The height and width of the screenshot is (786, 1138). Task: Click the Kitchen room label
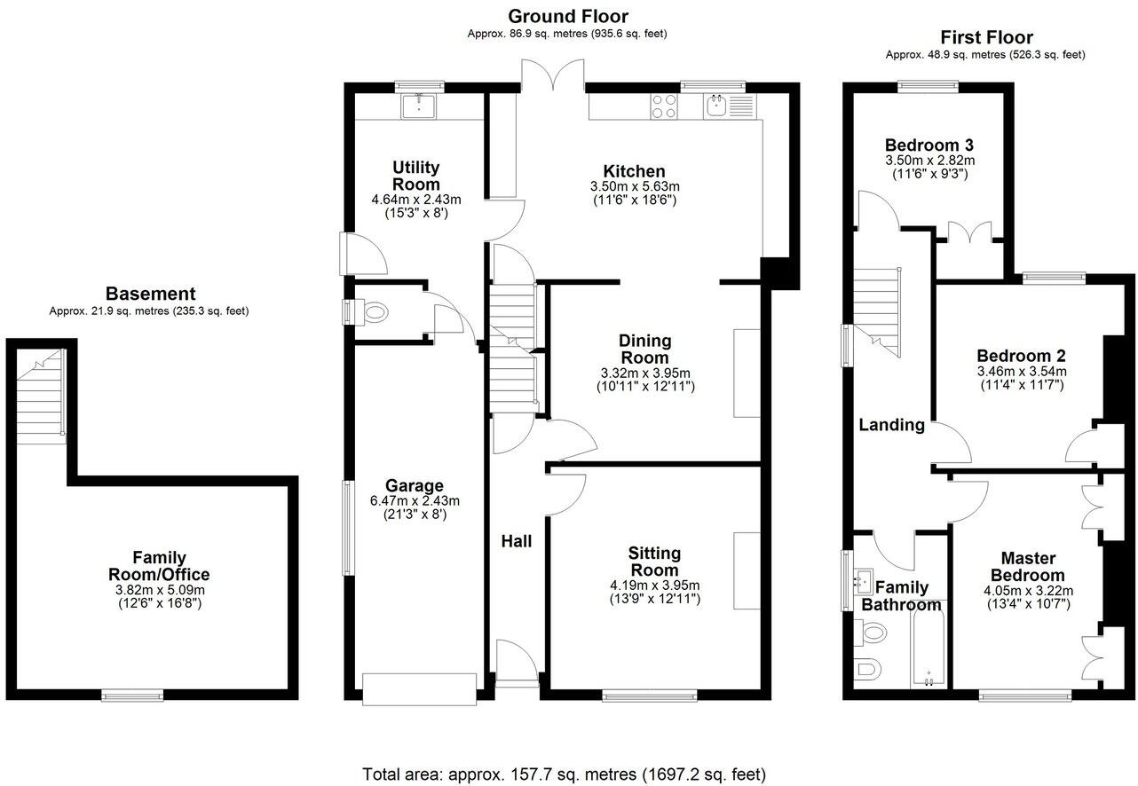(x=634, y=171)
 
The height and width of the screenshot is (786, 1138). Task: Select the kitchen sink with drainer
(x=729, y=106)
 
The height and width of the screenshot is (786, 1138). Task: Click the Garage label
(x=414, y=485)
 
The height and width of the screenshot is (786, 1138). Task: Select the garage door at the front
(x=419, y=688)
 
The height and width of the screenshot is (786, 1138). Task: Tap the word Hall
(x=516, y=540)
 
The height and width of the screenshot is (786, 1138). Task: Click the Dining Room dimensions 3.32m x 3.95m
(x=645, y=373)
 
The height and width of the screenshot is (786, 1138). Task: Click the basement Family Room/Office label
(x=160, y=566)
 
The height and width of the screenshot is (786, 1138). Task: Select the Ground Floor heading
(x=567, y=16)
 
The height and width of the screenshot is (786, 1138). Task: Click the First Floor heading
(x=985, y=37)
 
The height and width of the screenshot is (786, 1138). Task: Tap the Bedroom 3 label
(x=929, y=145)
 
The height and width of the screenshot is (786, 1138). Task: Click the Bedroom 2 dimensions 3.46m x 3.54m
(x=1022, y=371)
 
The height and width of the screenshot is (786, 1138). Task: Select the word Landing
(x=891, y=425)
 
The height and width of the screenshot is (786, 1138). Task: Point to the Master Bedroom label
(x=1028, y=567)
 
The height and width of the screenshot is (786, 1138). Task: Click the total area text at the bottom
(x=564, y=774)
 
